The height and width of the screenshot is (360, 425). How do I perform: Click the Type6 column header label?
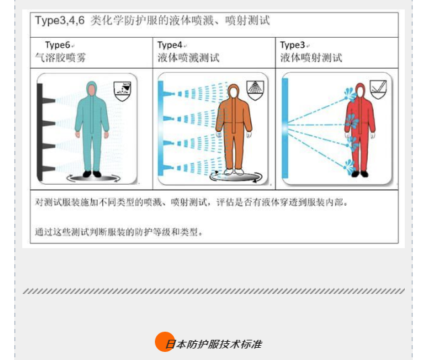click(x=57, y=45)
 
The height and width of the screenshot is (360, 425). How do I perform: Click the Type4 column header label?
click(x=170, y=45)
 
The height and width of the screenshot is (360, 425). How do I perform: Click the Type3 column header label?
click(x=292, y=45)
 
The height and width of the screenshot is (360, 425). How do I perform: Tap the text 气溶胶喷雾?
click(x=60, y=57)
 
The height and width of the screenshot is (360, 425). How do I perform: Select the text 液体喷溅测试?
click(x=189, y=57)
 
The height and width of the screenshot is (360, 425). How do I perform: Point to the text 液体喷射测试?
click(x=311, y=57)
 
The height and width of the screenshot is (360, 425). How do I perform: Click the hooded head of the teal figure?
click(x=92, y=89)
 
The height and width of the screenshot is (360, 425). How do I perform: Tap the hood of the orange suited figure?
click(x=233, y=92)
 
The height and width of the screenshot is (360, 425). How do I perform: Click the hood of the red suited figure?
click(x=360, y=90)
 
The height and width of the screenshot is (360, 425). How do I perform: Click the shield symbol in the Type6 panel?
click(x=122, y=91)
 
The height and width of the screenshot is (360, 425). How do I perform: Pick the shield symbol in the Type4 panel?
click(x=255, y=90)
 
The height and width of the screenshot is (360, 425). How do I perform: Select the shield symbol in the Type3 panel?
click(x=379, y=90)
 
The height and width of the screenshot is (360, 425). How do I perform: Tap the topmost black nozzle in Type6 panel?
click(x=49, y=100)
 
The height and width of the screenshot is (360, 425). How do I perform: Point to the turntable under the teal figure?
click(x=94, y=178)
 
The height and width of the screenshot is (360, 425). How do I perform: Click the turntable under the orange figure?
click(x=236, y=177)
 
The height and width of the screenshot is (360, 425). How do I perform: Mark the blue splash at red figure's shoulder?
click(x=350, y=94)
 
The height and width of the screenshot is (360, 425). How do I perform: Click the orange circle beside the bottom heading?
click(x=165, y=342)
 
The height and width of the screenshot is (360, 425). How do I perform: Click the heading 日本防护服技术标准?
click(x=214, y=344)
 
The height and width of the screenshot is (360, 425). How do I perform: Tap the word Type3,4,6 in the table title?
click(x=60, y=21)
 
